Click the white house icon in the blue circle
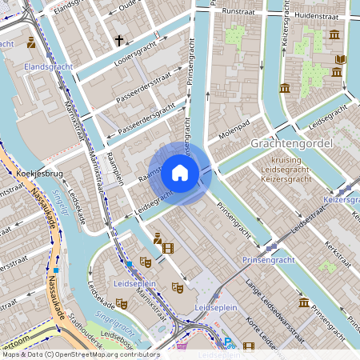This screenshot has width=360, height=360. (180, 173)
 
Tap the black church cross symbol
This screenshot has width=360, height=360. (119, 39)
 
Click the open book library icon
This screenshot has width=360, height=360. (341, 59)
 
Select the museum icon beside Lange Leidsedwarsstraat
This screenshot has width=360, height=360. (304, 302)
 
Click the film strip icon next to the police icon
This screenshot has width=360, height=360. (167, 248)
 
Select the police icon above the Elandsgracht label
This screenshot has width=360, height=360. (31, 42)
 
